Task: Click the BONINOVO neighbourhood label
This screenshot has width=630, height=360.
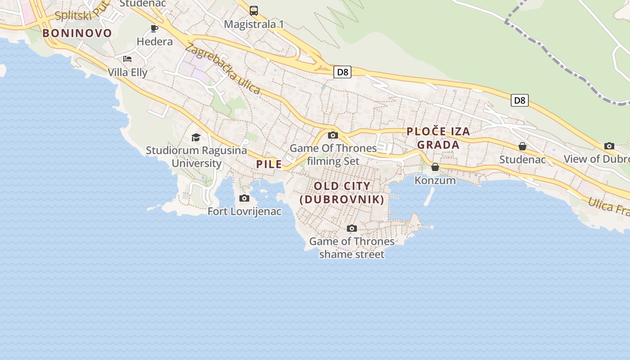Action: (x=77, y=33)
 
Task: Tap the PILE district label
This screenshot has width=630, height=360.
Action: (x=269, y=164)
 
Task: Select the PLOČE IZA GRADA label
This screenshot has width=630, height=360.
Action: (x=438, y=138)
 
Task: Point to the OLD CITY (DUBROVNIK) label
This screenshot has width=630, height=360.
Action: (x=342, y=193)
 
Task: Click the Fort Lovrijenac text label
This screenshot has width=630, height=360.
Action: (x=244, y=211)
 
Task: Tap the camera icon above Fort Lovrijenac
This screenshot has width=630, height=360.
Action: (x=244, y=198)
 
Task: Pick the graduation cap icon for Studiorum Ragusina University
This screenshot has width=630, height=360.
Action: (x=196, y=137)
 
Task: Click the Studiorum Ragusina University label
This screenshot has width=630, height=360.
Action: (x=197, y=157)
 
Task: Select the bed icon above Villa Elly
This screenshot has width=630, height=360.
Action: (x=127, y=59)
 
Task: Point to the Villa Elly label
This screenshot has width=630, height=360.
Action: (x=127, y=72)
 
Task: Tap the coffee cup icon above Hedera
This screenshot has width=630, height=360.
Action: (x=154, y=29)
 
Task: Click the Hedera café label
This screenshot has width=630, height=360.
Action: (x=154, y=41)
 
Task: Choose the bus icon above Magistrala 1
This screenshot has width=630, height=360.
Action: (x=254, y=11)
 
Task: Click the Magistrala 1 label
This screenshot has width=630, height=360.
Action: (x=254, y=24)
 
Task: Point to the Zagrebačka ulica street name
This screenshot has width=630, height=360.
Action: (x=222, y=68)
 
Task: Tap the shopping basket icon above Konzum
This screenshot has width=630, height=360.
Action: (x=435, y=167)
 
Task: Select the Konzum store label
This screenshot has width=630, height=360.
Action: (x=435, y=180)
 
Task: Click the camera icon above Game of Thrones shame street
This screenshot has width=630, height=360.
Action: (x=352, y=229)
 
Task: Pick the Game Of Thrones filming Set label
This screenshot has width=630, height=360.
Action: (x=333, y=154)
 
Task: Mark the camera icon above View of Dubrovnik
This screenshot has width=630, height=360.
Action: (x=609, y=146)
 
